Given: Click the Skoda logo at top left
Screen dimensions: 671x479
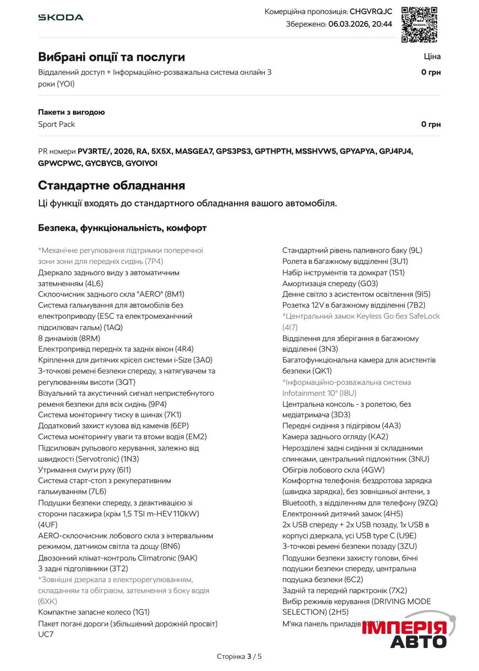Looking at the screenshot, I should point(61,17).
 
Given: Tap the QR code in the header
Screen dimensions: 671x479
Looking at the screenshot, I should point(419,24).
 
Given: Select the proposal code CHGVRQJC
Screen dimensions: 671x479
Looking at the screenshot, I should point(371,12).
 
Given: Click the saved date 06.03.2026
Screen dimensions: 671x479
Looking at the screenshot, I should point(347,24).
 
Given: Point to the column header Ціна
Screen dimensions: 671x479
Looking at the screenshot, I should point(432,57).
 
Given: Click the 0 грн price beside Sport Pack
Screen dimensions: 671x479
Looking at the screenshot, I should point(431,124).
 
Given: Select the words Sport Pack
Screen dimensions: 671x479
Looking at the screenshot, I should point(57,124).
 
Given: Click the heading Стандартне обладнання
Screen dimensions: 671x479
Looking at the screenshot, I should point(111,185).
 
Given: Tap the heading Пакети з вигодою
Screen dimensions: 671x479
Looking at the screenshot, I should point(71,112).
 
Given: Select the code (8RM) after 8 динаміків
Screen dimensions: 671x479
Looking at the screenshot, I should point(90,338).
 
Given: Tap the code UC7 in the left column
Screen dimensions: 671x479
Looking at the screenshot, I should point(46,634).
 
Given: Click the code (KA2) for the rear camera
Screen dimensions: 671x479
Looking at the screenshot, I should point(378,437).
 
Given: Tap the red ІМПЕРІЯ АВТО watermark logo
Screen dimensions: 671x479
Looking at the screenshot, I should point(404,632).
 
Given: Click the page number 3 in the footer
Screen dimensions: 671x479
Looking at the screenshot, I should point(250,656).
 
